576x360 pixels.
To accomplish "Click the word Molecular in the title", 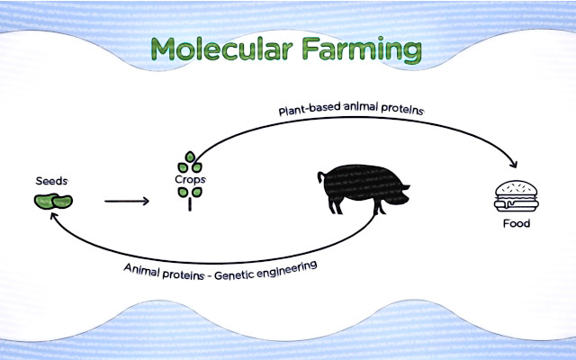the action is point(222,49).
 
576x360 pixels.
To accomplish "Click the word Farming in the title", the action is point(362,50).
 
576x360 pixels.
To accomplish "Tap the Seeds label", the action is point(52,181).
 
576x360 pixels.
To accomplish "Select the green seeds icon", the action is point(53,202).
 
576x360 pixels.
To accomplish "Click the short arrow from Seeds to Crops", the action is point(127,201).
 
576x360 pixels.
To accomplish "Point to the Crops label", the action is point(190,180).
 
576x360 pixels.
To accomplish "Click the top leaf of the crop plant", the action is point(190,157).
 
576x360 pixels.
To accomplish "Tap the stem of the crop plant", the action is point(190,204).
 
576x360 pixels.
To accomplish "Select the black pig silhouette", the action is point(364,189).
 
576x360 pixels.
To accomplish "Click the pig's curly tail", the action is point(321,177).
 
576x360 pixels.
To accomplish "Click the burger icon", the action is point(517,196).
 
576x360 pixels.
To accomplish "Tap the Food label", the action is point(517,223).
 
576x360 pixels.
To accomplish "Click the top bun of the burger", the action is point(517,188).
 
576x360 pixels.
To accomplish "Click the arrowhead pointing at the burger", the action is point(514,164).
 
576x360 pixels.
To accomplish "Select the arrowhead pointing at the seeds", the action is point(54,216).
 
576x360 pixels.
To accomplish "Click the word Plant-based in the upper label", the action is point(310,109).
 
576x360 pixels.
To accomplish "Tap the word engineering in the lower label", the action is point(286,269).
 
